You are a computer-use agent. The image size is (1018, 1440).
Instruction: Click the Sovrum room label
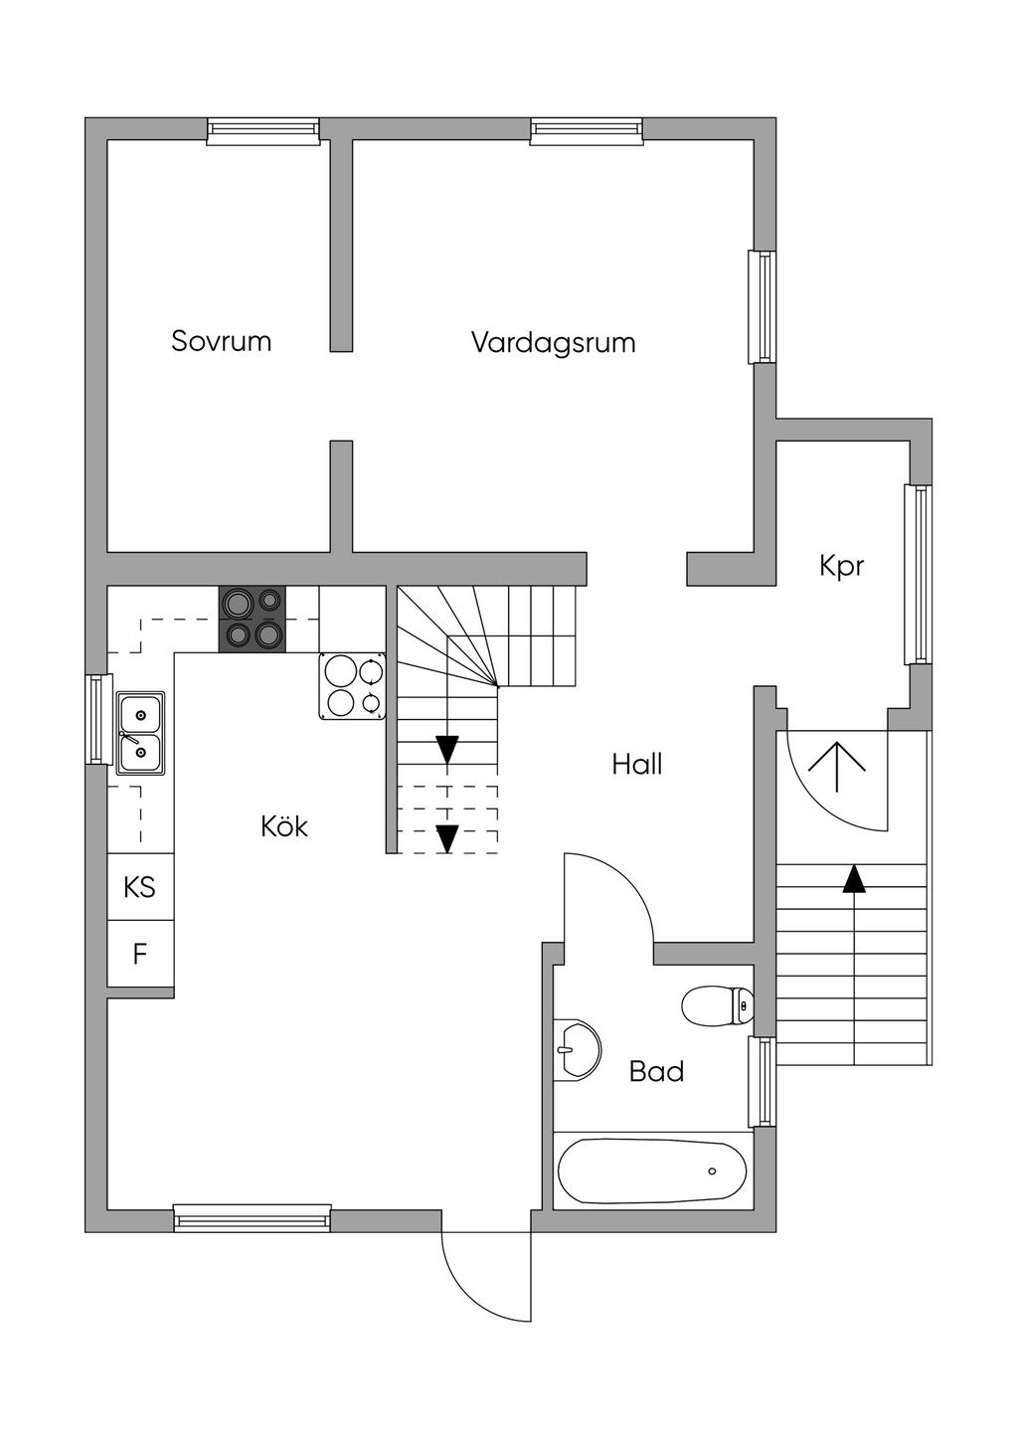click(221, 341)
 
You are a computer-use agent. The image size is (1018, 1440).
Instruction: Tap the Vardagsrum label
click(553, 343)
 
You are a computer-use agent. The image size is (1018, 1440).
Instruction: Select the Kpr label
click(841, 566)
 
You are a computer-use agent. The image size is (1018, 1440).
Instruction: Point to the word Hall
click(637, 764)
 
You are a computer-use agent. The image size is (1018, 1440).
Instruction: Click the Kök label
click(284, 825)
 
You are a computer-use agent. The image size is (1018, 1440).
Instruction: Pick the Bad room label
click(656, 1071)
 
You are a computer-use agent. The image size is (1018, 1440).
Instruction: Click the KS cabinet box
click(140, 886)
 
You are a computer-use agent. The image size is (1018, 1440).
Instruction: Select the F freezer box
click(140, 954)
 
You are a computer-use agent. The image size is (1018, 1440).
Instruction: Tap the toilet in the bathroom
click(717, 1005)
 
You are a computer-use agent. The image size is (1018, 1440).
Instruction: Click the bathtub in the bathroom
click(652, 1170)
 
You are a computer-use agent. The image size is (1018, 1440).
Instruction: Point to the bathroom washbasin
click(577, 1049)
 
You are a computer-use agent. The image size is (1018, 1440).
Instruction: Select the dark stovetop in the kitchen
click(253, 619)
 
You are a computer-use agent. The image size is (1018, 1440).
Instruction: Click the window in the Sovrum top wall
click(263, 131)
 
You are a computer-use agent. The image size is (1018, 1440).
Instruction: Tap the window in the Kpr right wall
click(918, 574)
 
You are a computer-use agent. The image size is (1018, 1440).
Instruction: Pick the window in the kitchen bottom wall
click(253, 1218)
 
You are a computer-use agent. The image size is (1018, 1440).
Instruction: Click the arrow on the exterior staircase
click(853, 879)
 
